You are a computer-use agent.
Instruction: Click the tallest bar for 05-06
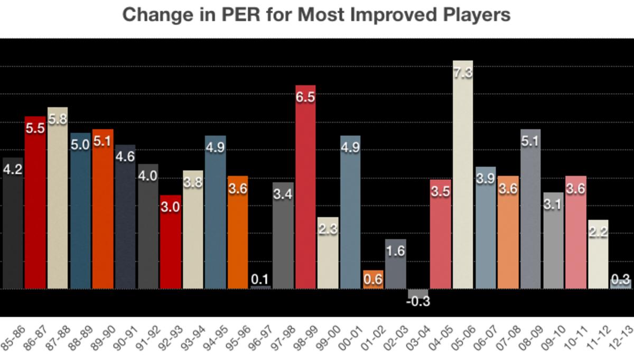click(463, 180)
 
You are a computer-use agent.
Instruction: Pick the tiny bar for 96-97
click(260, 287)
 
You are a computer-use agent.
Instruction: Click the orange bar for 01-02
click(373, 280)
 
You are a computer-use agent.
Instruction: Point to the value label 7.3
click(463, 73)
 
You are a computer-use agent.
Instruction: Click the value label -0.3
click(418, 302)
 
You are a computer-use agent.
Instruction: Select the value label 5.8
click(58, 119)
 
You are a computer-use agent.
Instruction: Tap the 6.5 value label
click(305, 97)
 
